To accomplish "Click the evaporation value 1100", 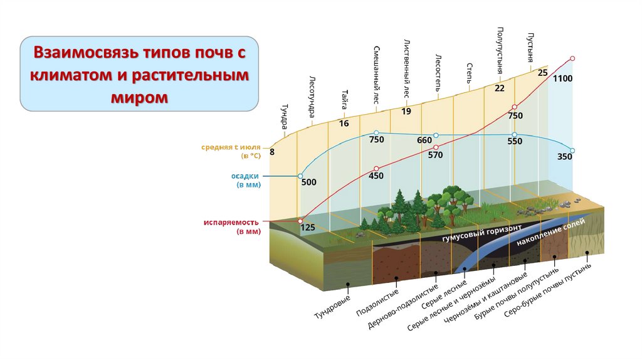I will click(563, 78).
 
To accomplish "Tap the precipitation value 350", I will click(564, 157).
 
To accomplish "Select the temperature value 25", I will click(543, 73).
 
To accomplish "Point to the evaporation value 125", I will click(307, 228).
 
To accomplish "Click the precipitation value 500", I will click(309, 183).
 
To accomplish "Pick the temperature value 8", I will click(272, 152).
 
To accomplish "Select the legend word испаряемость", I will click(231, 223).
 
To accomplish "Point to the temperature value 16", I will click(344, 124).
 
